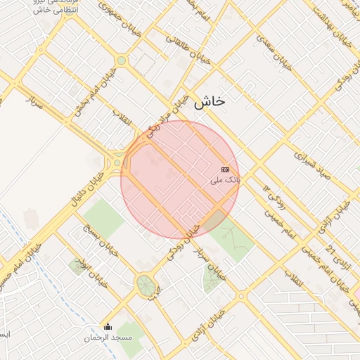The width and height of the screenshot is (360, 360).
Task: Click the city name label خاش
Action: (209, 101)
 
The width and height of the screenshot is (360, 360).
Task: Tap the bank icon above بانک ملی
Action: (225, 169)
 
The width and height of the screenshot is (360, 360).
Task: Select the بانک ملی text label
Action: (225, 181)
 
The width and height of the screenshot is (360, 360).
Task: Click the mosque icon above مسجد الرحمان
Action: (108, 326)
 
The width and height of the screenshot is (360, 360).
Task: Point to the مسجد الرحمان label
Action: (107, 337)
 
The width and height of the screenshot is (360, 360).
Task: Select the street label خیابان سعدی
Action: (274, 52)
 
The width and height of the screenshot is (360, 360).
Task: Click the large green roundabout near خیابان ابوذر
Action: (146, 285)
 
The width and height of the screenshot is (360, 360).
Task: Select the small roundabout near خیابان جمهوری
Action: (121, 60)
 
